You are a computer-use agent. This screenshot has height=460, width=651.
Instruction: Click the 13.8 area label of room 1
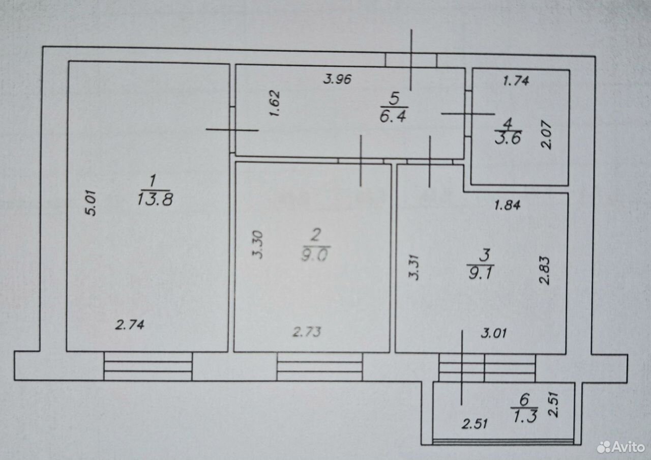155,199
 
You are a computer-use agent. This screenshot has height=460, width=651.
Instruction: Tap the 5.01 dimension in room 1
91,203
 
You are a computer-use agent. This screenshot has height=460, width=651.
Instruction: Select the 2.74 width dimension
130,325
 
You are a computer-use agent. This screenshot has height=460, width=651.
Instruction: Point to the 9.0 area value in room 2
315,254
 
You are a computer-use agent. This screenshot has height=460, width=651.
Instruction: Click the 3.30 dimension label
257,245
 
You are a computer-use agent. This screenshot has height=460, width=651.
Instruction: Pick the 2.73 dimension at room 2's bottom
307,332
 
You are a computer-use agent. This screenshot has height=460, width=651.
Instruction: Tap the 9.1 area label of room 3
481,273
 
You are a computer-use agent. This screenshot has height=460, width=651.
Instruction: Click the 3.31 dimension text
414,267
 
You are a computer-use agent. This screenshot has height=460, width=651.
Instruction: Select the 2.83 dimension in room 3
544,270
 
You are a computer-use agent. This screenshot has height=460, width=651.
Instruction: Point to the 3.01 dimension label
494,333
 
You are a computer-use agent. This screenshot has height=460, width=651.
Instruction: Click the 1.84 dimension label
508,206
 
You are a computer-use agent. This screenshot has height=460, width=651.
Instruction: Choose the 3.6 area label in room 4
508,138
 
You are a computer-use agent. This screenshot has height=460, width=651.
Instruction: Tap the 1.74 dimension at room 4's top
516,80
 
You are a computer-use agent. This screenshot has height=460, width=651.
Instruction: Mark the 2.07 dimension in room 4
546,135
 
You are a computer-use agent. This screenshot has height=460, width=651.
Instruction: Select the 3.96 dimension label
337,79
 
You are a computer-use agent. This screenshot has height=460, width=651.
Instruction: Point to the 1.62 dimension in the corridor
274,103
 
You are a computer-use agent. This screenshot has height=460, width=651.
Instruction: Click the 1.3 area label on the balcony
525,416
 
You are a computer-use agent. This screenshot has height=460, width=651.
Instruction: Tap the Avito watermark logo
621,447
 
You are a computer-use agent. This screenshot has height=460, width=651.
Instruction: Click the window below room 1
148,366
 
